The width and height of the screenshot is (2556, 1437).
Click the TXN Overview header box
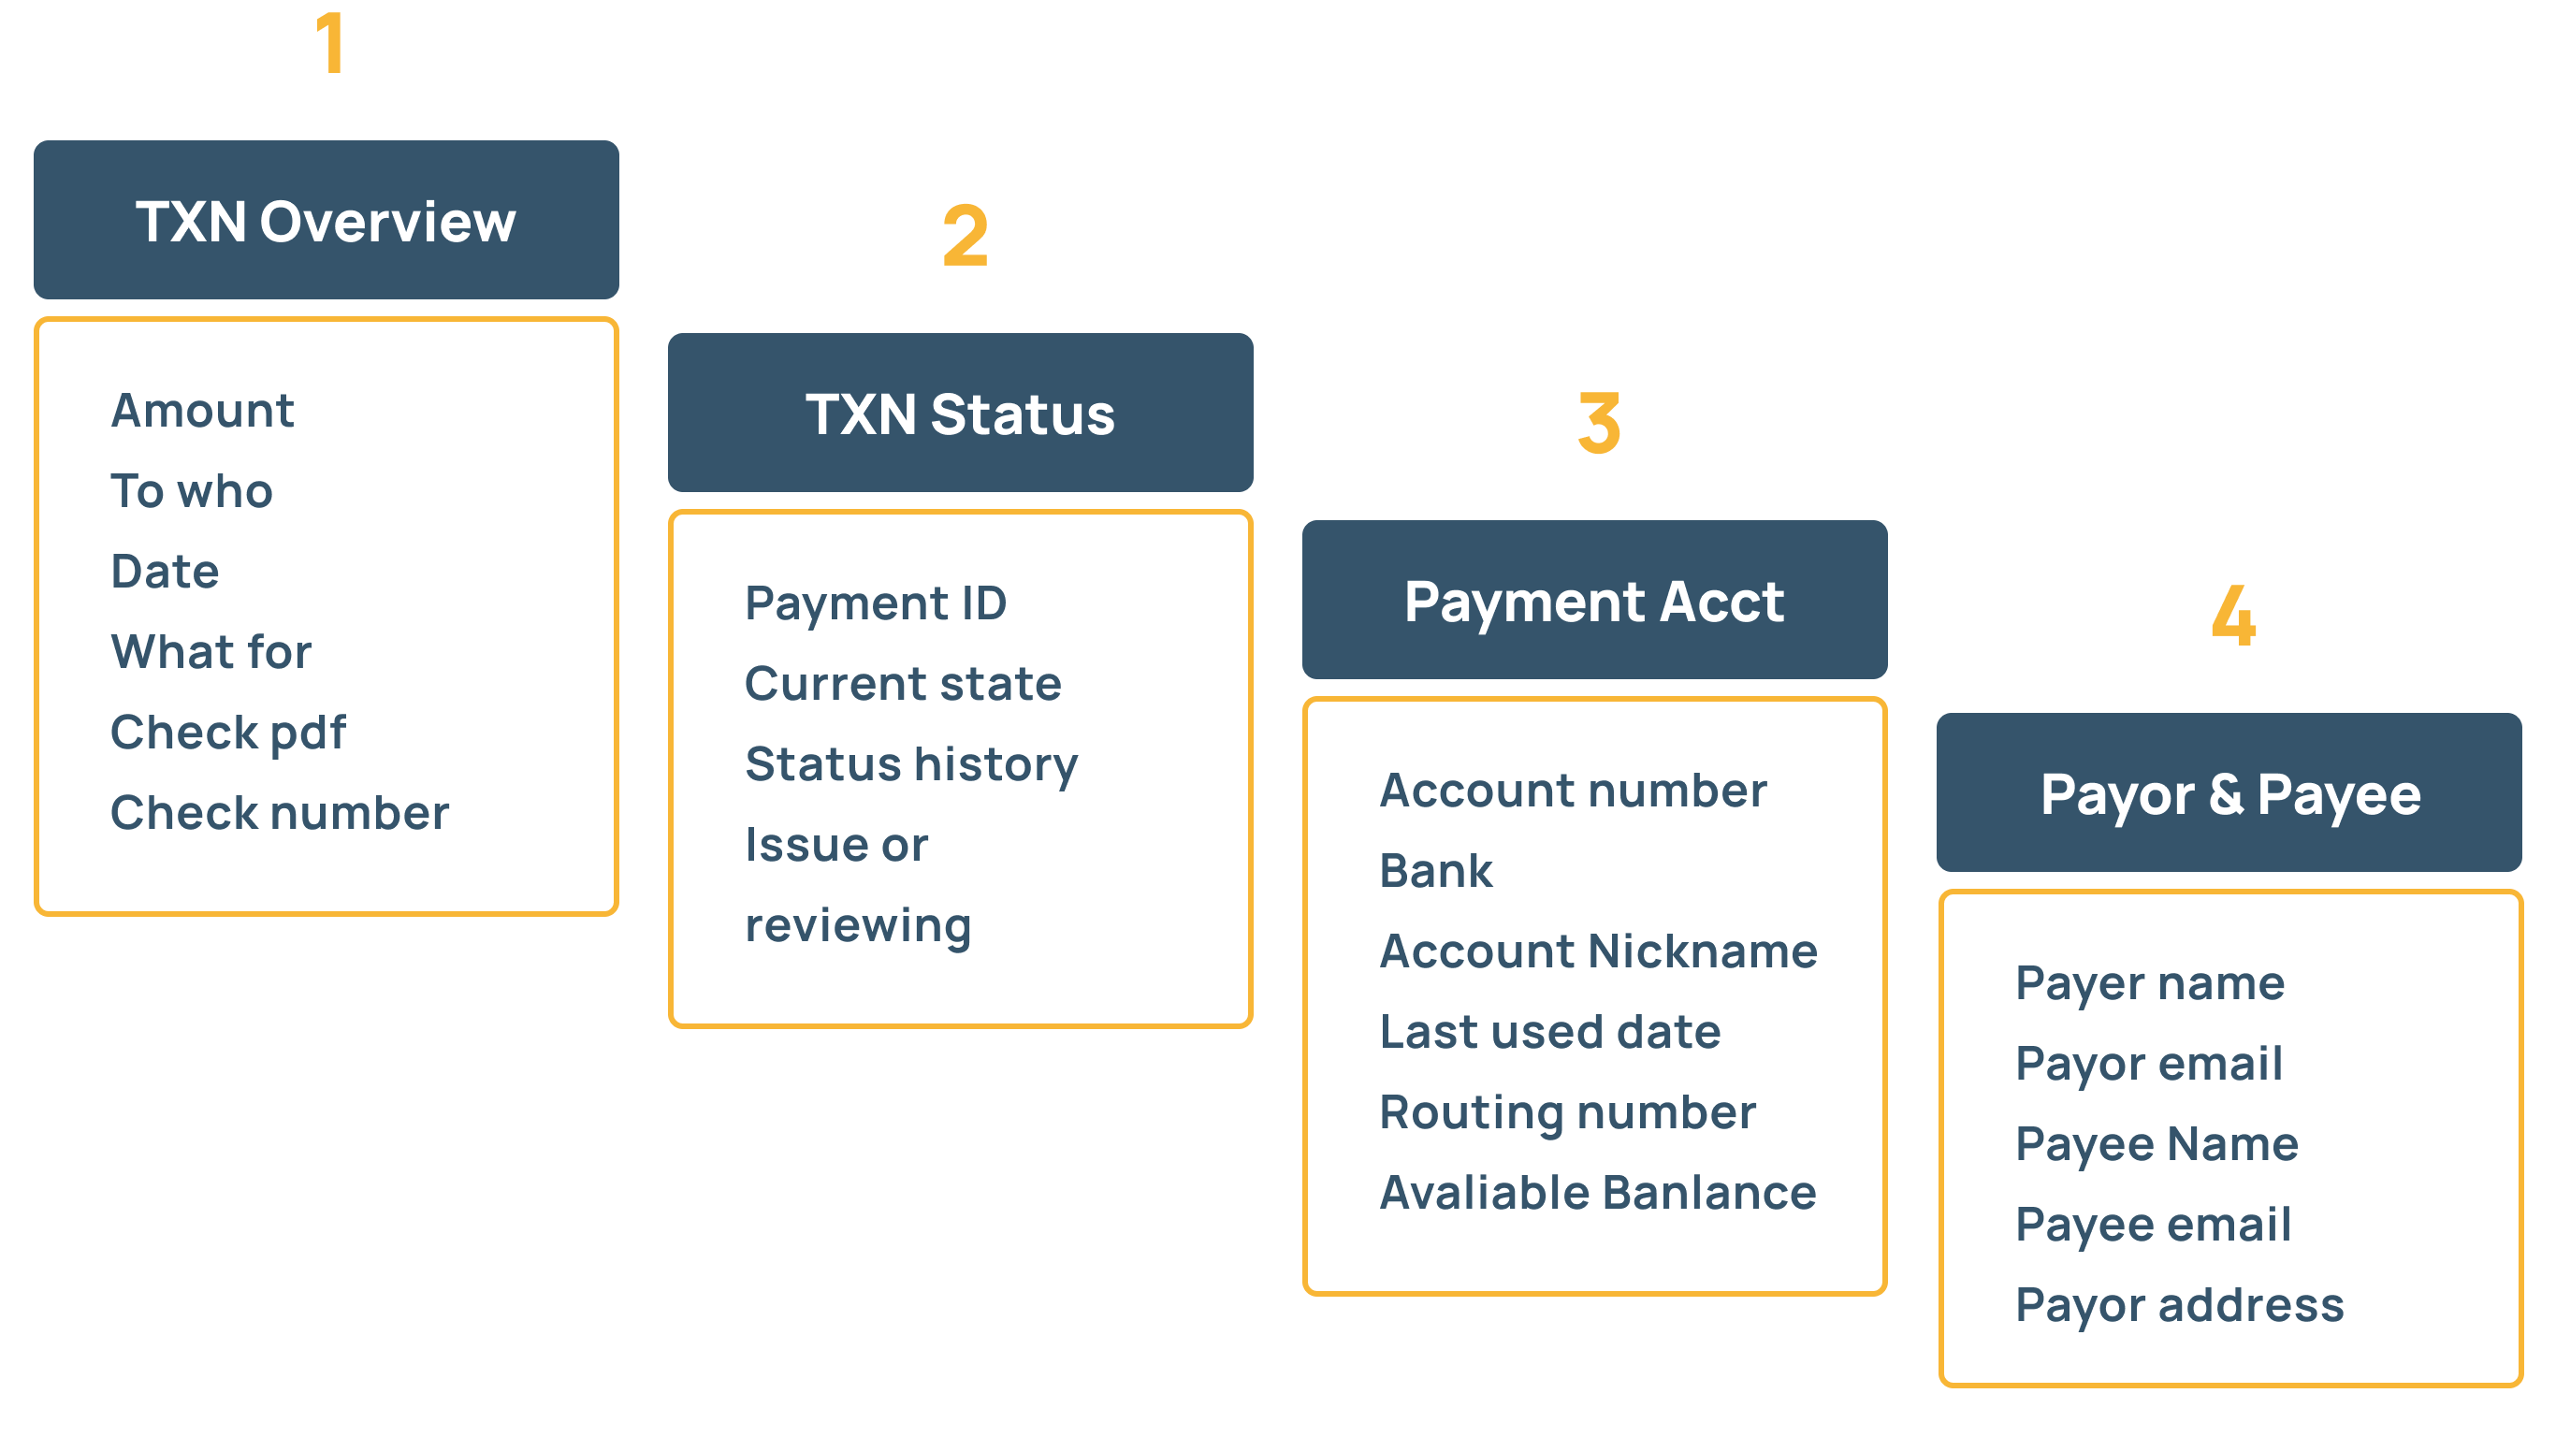(326, 220)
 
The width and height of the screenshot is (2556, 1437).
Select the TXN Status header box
(960, 413)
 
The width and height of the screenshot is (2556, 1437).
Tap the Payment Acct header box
(1593, 601)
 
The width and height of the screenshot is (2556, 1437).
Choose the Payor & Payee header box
(2229, 793)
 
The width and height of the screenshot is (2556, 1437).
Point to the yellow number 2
(965, 235)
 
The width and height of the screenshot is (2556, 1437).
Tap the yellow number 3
(1599, 423)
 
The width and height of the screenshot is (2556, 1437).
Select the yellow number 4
(2232, 616)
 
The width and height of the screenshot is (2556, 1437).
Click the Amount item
(202, 411)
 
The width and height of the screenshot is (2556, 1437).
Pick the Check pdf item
(228, 733)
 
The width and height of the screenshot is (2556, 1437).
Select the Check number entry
(280, 813)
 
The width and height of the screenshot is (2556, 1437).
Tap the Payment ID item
(875, 603)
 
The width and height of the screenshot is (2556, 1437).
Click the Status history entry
(911, 764)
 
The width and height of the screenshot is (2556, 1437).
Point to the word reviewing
(858, 925)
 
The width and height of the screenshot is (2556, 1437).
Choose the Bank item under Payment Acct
(1435, 871)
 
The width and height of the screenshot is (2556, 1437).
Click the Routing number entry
(1567, 1112)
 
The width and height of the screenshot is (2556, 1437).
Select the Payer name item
(2149, 983)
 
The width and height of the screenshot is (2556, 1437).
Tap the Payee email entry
(2152, 1225)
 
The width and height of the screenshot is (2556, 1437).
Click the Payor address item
(2179, 1305)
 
